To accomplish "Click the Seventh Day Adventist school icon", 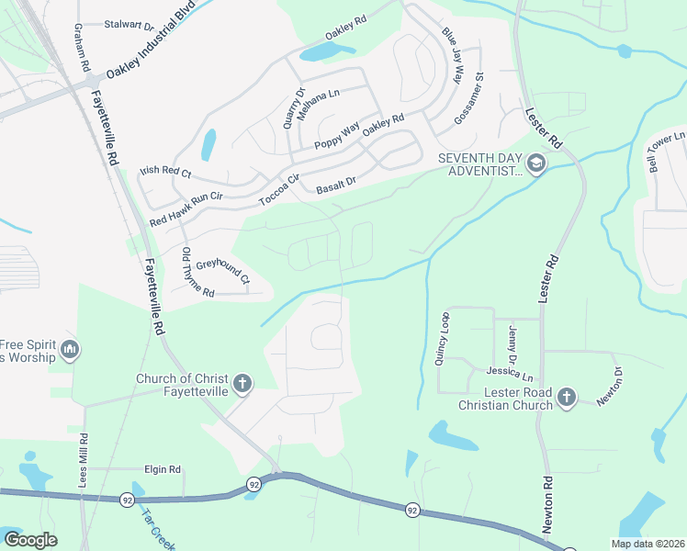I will coord(536,164).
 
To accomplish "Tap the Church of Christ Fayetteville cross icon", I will coord(242,383).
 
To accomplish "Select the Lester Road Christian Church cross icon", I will coord(567,397).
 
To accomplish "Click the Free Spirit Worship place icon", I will coord(70,349).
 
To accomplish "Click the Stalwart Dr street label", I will coord(129,26).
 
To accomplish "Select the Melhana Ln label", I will coord(321,93).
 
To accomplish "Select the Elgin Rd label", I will coord(162,469).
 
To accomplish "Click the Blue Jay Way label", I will coord(453,54).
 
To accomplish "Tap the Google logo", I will coord(30,540).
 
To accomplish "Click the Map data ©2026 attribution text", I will coord(648,544).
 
